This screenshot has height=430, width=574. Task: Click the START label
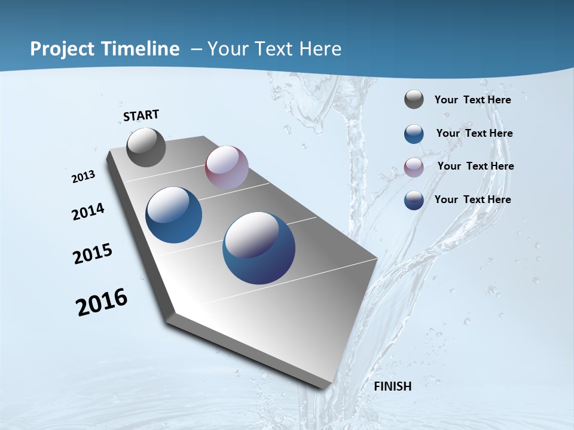coord(141,115)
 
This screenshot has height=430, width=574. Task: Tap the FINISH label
coord(392,386)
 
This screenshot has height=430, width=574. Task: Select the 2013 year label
coord(84,176)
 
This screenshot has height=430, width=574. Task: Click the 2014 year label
coord(88,211)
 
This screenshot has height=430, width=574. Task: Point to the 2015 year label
coord(93,254)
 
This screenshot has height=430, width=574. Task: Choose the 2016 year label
coord(102,302)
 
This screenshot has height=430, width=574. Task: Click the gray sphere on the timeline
coord(146,148)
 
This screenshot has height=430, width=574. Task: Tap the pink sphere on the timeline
coord(227,167)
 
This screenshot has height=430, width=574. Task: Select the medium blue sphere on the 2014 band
coord(174,215)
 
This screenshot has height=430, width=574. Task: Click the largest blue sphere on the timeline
coord(259,248)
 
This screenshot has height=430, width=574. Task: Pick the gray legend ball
coord(414,100)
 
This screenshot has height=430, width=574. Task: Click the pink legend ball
coord(414,167)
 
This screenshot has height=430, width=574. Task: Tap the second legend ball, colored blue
coord(414,134)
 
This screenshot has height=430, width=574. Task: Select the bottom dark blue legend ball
coord(414,200)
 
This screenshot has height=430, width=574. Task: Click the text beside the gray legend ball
coord(472,100)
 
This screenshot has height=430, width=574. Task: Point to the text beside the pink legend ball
coord(475,166)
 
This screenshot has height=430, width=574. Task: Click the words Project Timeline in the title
coord(105,49)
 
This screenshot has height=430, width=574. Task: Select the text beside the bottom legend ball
coord(472,199)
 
